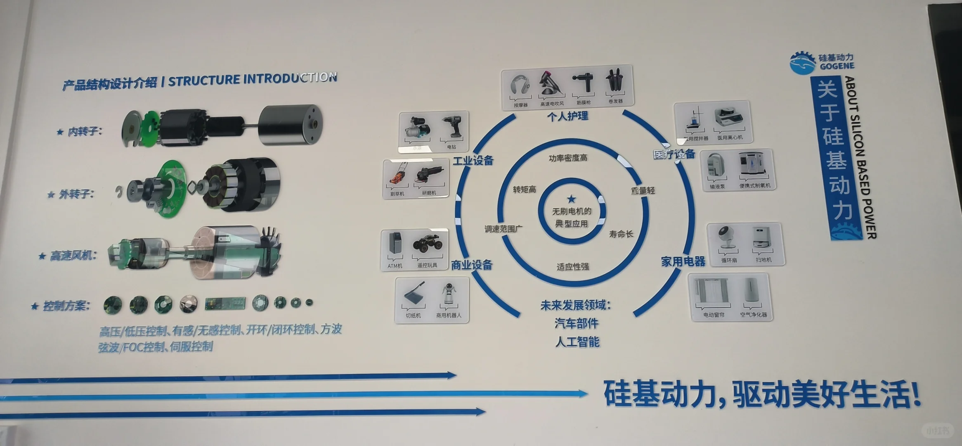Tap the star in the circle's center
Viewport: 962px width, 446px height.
571,199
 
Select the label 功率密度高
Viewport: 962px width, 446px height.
568,158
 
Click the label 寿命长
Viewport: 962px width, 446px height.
621,234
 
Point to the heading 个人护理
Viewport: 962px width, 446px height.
567,116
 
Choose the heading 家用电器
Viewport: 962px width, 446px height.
683,261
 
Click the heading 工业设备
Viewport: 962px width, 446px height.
473,161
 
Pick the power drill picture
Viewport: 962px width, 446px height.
453,127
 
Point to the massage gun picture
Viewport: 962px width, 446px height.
583,84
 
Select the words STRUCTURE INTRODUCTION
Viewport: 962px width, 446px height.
253,79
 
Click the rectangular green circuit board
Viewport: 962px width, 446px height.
225,304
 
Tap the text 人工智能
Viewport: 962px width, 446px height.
577,342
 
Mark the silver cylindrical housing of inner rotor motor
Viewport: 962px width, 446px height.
291,124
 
